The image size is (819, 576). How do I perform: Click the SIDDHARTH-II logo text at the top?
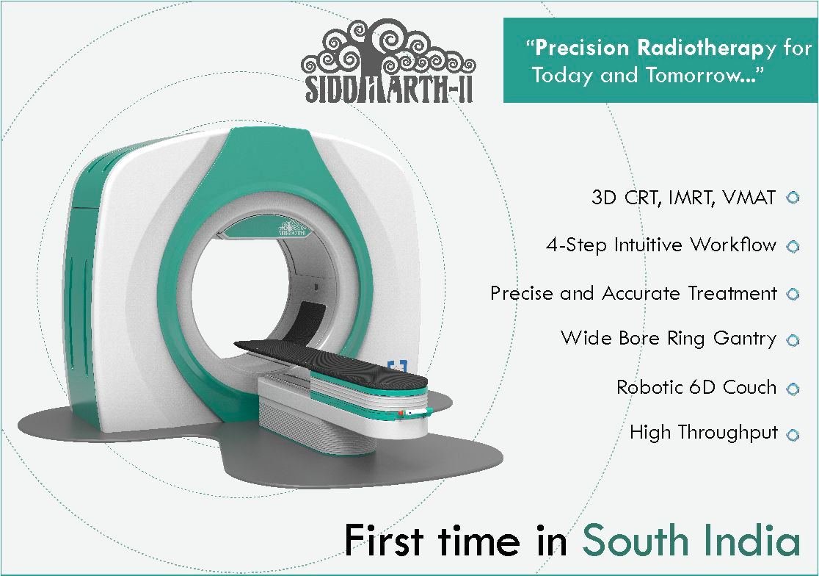(389, 89)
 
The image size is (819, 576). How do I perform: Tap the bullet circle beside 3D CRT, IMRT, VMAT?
(793, 198)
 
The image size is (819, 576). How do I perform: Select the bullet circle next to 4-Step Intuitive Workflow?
(793, 246)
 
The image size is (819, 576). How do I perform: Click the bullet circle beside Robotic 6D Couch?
(793, 389)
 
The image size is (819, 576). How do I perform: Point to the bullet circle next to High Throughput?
(793, 435)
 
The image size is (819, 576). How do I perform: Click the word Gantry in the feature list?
(745, 339)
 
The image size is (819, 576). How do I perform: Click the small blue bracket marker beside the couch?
(398, 366)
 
